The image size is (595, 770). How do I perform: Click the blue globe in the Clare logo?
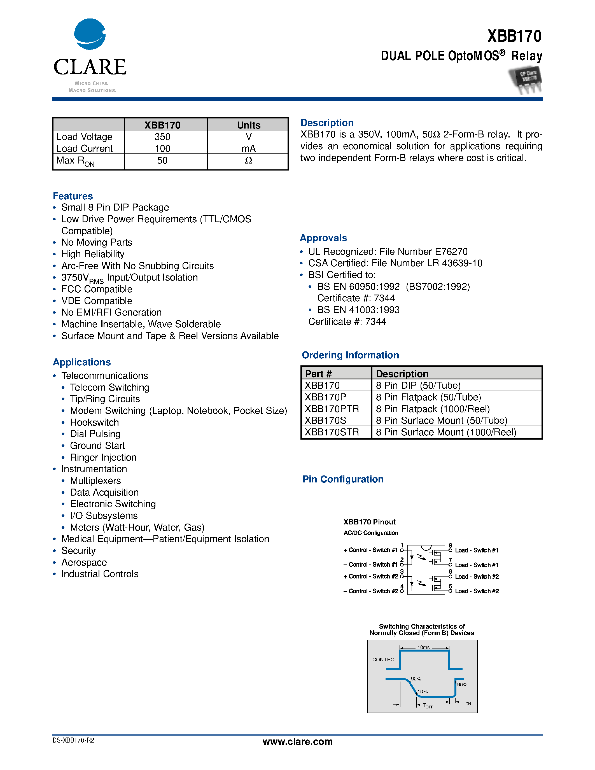(90, 34)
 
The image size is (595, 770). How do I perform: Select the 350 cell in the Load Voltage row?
(162, 137)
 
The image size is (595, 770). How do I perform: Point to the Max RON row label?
(75, 161)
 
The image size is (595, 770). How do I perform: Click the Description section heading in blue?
(327, 123)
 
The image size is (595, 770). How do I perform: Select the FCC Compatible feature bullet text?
(97, 289)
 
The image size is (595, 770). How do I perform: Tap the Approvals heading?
(323, 238)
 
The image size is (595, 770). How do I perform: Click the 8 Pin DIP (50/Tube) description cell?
(418, 385)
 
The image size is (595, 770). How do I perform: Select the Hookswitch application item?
(94, 422)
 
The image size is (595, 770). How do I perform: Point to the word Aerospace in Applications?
(84, 562)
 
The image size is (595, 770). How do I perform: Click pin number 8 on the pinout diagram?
(450, 545)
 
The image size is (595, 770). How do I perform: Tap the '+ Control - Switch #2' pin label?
(370, 577)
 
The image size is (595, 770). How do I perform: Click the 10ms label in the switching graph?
(423, 647)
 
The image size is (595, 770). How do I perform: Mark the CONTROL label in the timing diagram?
(384, 659)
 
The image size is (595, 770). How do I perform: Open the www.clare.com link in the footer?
(297, 741)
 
